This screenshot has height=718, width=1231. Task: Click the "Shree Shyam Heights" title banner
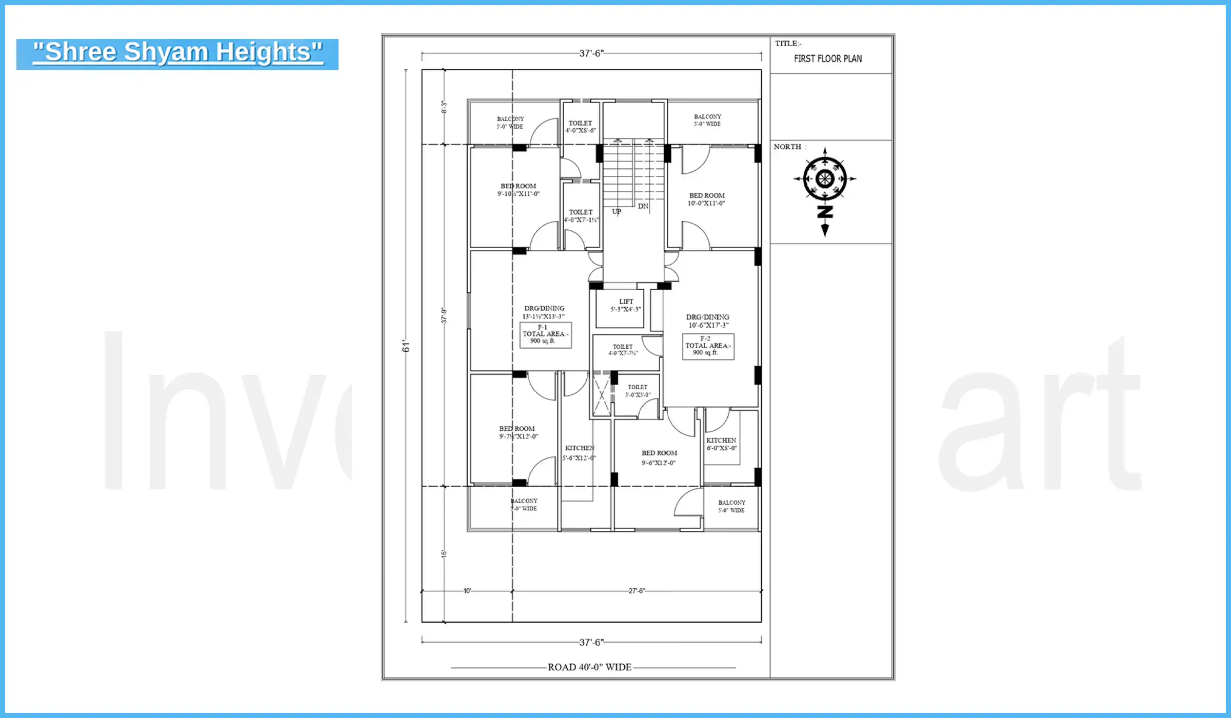[177, 54]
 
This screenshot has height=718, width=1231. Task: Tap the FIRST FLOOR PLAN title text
[827, 58]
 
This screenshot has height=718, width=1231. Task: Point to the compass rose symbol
[824, 179]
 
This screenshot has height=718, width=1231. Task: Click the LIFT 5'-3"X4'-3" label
[625, 305]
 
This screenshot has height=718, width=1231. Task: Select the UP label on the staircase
[617, 211]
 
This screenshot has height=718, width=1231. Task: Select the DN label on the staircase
[643, 206]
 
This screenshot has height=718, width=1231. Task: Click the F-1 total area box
[545, 334]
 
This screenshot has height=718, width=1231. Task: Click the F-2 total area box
[708, 346]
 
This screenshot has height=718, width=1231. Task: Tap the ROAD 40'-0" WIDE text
[589, 667]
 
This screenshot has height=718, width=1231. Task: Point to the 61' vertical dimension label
[406, 346]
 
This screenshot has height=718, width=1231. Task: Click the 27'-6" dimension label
[637, 591]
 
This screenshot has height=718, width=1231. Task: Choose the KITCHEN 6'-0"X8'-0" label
[721, 444]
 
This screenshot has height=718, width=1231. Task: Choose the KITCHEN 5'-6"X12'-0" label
[579, 453]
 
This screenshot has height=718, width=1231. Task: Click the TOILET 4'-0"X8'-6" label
[580, 127]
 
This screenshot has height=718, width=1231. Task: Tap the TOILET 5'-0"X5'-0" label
[638, 391]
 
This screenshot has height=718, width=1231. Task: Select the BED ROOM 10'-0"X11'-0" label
[706, 200]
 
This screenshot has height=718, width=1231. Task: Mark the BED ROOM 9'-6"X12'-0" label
[659, 457]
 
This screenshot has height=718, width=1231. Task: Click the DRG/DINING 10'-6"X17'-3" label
[708, 321]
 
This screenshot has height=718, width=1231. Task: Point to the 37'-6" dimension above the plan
[591, 53]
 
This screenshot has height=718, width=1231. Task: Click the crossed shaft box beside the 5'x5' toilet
[602, 395]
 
